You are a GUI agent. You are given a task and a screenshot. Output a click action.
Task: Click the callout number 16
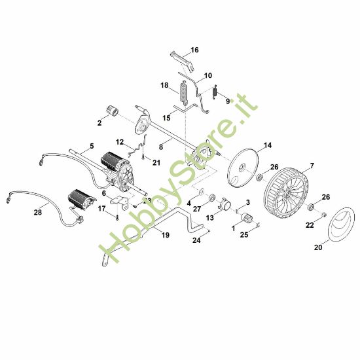(x=194, y=49)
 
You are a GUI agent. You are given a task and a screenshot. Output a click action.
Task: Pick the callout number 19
(x=165, y=234)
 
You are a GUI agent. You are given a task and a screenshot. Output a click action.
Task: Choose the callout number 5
(x=92, y=145)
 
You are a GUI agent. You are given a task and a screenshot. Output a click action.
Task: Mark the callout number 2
(x=100, y=122)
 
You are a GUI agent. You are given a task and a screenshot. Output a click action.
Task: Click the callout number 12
(x=120, y=141)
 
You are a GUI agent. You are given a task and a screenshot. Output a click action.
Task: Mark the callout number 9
(x=228, y=101)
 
